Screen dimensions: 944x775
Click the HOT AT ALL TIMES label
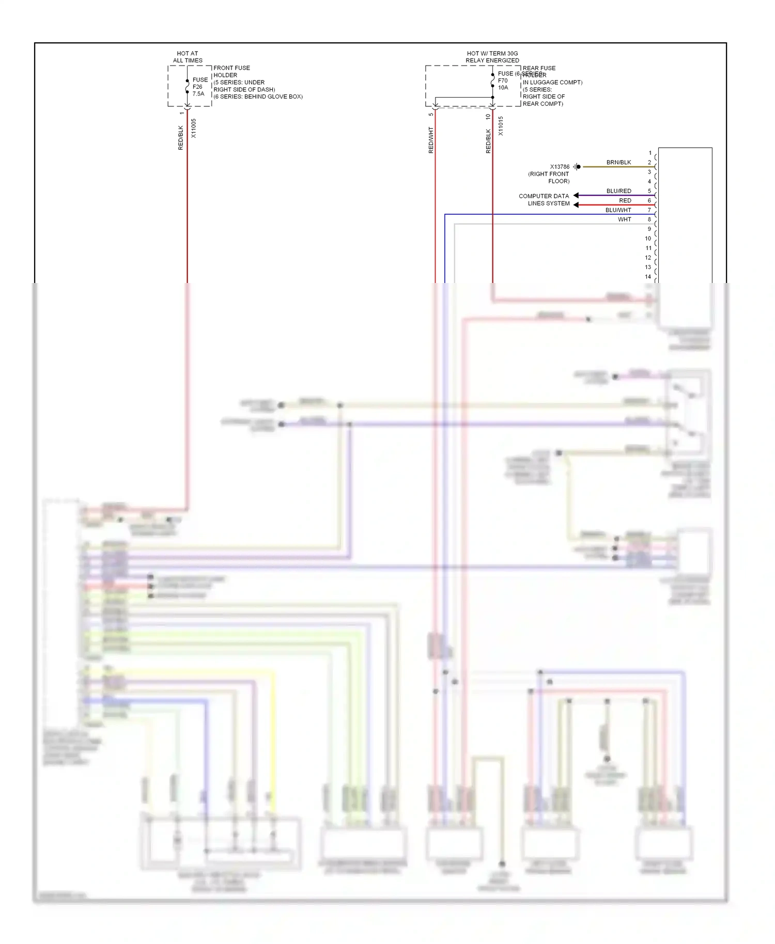click(188, 57)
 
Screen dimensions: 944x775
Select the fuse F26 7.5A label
click(199, 87)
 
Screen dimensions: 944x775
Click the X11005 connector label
click(194, 128)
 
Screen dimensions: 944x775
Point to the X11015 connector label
click(501, 126)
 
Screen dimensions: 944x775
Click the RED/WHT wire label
click(431, 140)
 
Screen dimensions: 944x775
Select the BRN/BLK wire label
click(618, 162)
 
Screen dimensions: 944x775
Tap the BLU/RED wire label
click(618, 191)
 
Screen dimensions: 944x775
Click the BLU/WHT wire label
click(618, 210)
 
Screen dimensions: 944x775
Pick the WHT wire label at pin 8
click(624, 219)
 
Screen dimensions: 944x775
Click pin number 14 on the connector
click(648, 277)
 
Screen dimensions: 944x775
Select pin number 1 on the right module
click(650, 153)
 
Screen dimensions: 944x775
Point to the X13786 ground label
click(560, 167)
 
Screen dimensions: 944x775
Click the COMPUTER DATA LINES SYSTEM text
click(544, 200)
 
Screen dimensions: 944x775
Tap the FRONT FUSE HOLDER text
click(231, 71)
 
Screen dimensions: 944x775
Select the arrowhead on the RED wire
click(576, 205)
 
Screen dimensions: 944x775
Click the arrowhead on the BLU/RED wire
click(576, 195)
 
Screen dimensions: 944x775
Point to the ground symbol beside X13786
click(577, 167)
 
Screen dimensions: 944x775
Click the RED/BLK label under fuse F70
click(488, 141)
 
